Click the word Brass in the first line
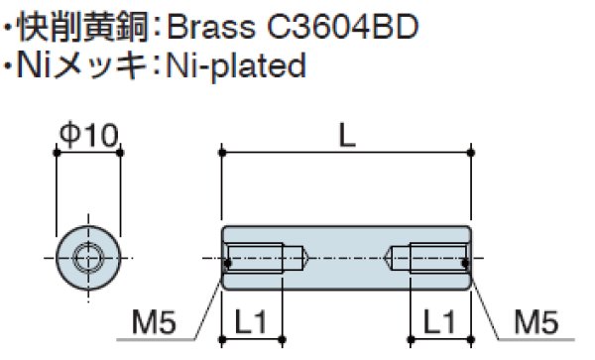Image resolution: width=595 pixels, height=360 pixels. pyautogui.click(x=211, y=27)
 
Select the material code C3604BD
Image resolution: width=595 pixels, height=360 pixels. pyautogui.click(x=343, y=27)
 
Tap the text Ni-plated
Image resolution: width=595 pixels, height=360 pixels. pyautogui.click(x=236, y=66)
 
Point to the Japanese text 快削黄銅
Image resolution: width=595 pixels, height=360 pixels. pyautogui.click(x=82, y=27)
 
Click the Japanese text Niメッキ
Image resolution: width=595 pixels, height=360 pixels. pyautogui.click(x=81, y=65)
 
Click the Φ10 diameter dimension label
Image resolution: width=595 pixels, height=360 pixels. pyautogui.click(x=89, y=135)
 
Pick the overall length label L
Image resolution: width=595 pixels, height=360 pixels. pyautogui.click(x=347, y=136)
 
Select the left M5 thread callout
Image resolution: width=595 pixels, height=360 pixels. pyautogui.click(x=154, y=321)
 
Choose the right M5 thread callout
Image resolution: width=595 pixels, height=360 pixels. pyautogui.click(x=535, y=321)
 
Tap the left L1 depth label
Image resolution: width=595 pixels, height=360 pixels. pyautogui.click(x=251, y=321)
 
